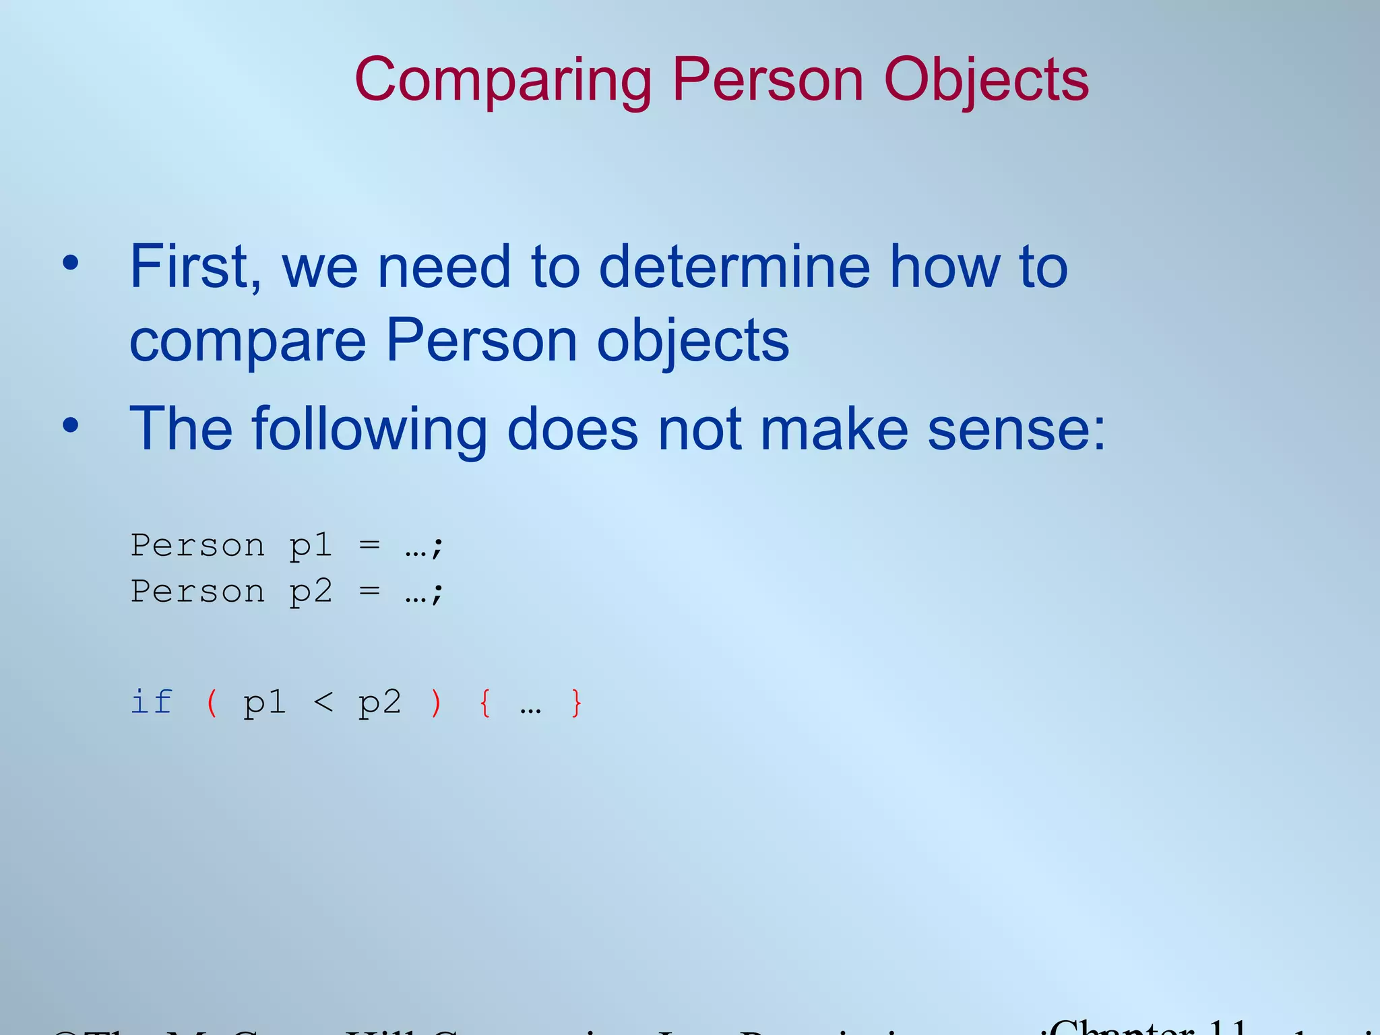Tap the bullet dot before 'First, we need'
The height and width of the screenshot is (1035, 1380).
coord(71,263)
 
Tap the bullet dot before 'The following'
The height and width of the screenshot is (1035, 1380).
coord(71,426)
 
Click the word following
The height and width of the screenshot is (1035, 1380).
coord(369,430)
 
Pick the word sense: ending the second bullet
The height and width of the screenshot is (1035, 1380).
coord(1016,430)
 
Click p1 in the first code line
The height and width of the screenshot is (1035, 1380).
coord(311,546)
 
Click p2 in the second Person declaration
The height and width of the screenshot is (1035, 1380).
coord(311,592)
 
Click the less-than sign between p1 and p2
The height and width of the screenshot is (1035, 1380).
coord(323,703)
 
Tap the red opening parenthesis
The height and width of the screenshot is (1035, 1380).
coord(212,703)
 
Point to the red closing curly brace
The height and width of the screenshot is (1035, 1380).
coord(576,703)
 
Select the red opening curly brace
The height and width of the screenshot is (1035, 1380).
coord(484,703)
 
